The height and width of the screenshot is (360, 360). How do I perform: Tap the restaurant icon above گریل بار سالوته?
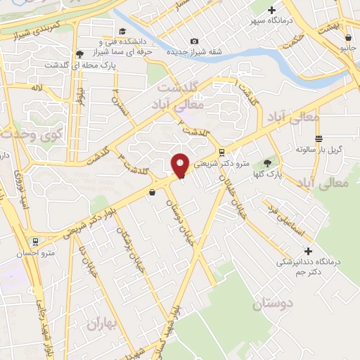(x=319, y=139)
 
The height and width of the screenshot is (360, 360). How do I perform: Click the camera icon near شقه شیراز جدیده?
(x=194, y=41)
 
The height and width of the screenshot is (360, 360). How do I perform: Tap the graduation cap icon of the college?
(x=123, y=31)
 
